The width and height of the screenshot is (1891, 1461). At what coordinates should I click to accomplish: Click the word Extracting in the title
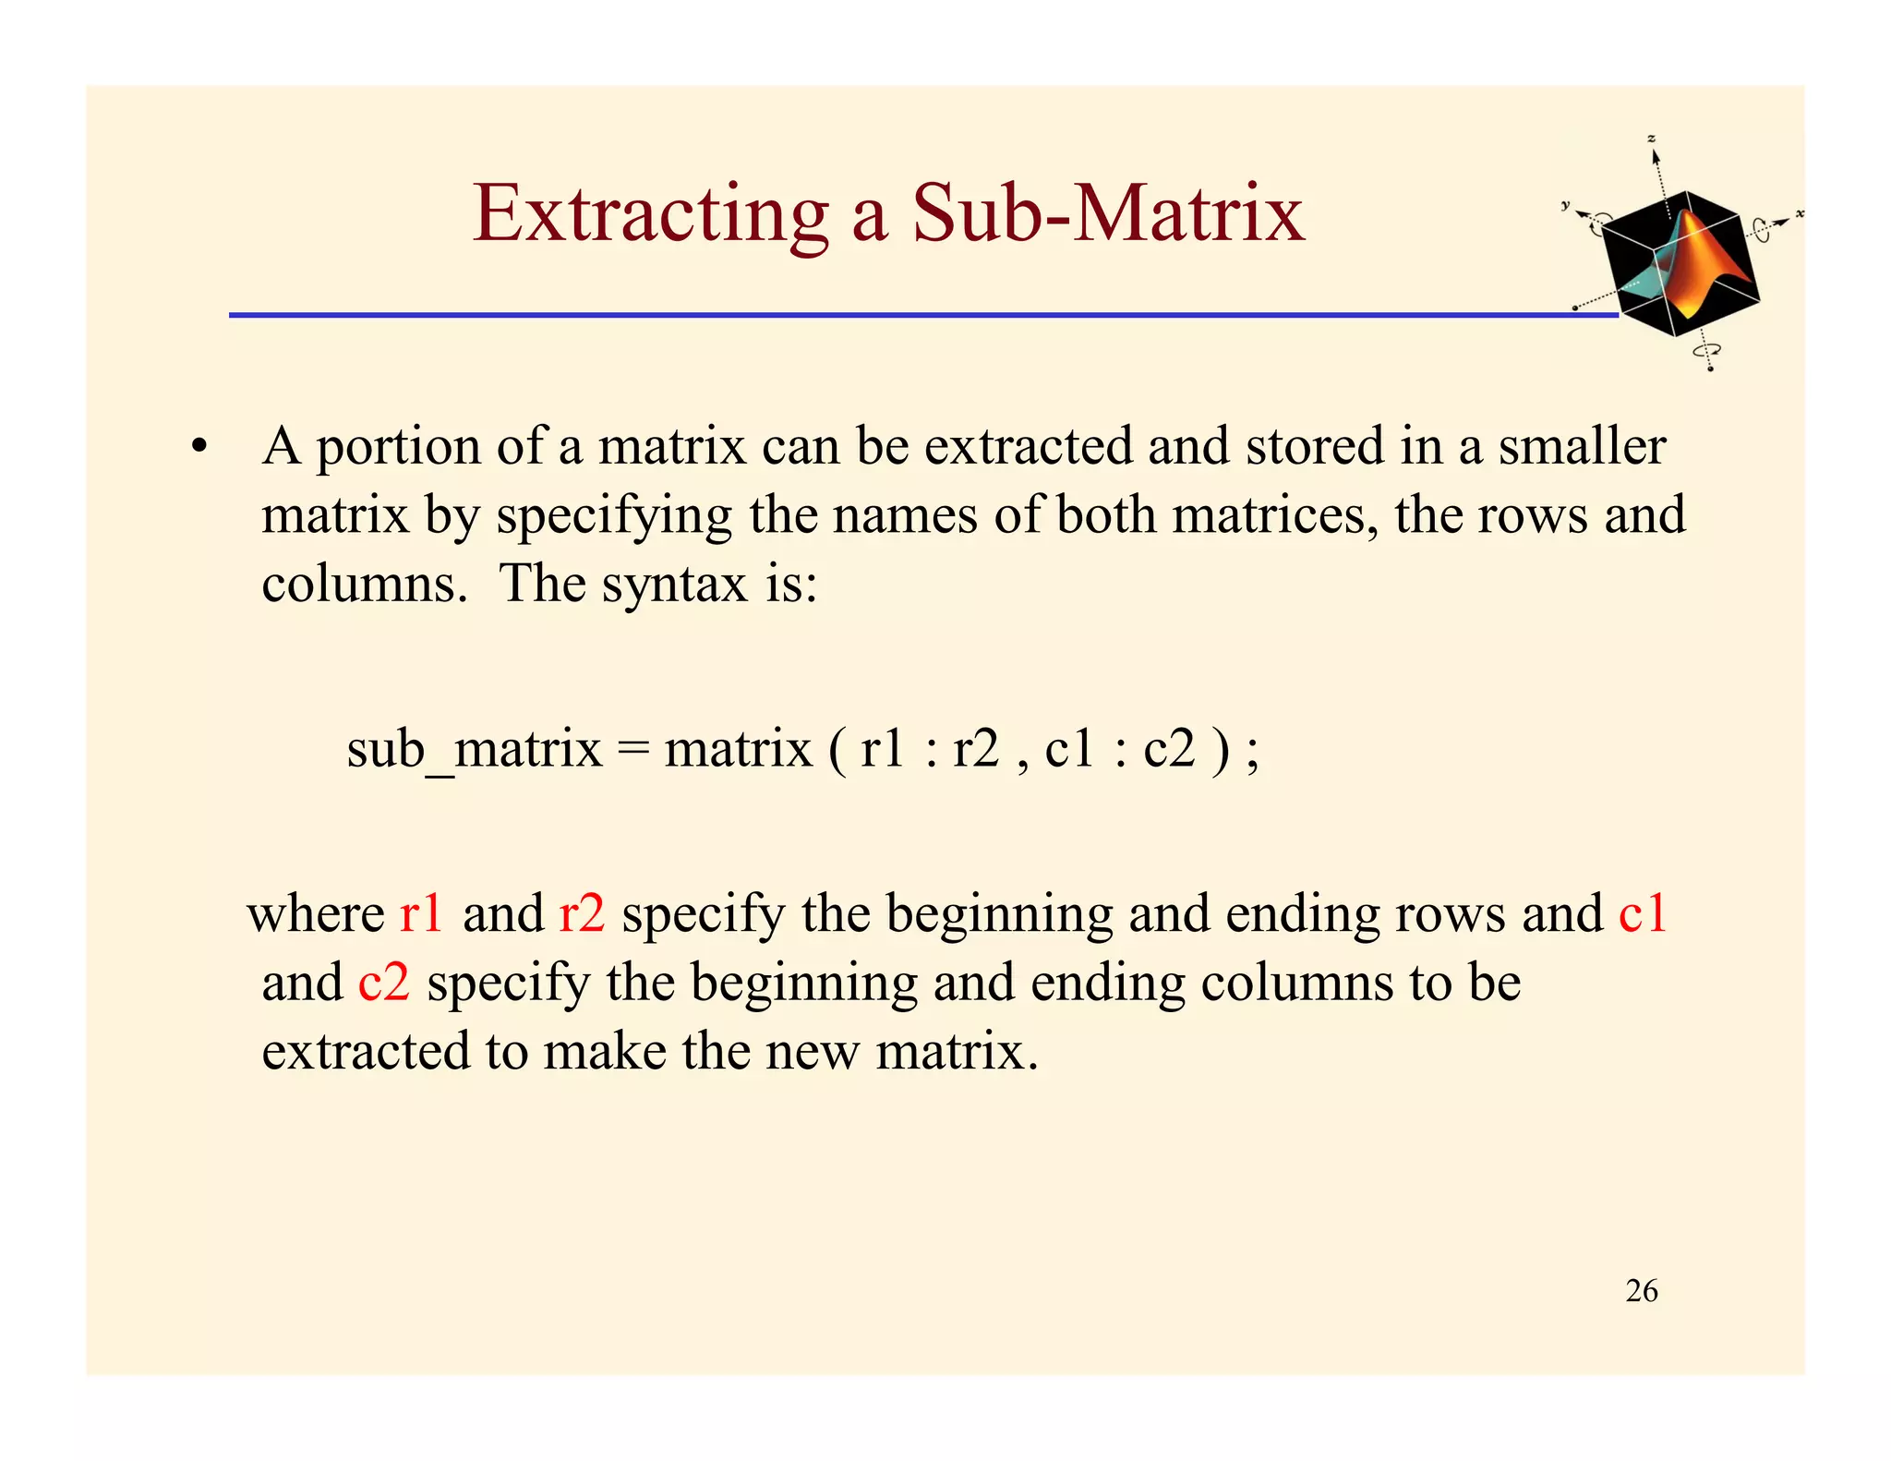pos(650,214)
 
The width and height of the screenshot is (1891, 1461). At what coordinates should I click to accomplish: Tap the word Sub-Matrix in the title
pos(1108,214)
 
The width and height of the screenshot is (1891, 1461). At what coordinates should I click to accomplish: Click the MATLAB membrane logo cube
pos(1680,264)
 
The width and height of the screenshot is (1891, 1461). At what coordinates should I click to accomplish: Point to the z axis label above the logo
pos(1652,139)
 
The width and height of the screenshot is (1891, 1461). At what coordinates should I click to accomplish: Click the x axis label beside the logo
pos(1800,214)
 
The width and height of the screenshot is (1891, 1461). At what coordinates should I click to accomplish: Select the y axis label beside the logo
pos(1565,205)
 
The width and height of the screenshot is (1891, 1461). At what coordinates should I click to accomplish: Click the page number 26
pos(1642,1291)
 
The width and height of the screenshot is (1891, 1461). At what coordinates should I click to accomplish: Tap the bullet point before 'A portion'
pos(198,448)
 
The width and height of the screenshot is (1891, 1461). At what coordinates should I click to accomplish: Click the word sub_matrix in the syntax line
pos(474,748)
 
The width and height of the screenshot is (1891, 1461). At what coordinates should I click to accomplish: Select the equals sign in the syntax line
pos(633,748)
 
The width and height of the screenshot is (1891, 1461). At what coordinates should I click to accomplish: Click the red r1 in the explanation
pos(421,914)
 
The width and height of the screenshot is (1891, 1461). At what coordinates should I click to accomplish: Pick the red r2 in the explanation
pos(582,914)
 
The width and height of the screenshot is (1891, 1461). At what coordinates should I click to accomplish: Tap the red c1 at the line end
pos(1643,914)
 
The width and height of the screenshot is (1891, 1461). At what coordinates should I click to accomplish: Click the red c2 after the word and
pos(383,983)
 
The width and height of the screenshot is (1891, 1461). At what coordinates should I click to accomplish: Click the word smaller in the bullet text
pos(1582,447)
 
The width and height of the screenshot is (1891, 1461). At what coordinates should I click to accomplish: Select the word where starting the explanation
pos(315,914)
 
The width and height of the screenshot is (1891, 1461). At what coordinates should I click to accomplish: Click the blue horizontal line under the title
pos(923,315)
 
